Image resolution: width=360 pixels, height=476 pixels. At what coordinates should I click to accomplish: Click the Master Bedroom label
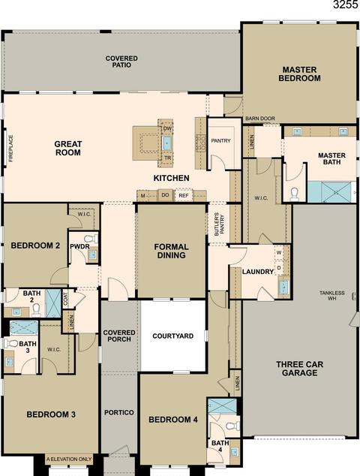299,74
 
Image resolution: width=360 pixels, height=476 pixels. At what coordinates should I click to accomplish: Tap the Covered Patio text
121,62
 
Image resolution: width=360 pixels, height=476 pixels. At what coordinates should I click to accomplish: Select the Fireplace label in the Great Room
11,148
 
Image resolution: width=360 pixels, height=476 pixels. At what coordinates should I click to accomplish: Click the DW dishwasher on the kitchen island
167,128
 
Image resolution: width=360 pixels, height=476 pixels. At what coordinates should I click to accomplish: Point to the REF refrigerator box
184,196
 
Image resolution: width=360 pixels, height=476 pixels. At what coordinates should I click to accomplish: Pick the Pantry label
220,140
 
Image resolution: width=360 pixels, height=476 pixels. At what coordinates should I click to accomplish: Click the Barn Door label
260,119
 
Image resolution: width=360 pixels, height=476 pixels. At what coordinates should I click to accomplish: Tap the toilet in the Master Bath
295,194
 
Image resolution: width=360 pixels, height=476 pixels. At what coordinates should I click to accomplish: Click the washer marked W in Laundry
279,252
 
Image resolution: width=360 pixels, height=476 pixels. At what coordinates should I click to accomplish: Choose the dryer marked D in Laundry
279,268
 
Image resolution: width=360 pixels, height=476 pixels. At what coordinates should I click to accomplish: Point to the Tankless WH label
332,296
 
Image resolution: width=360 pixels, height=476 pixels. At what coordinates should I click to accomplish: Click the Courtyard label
172,336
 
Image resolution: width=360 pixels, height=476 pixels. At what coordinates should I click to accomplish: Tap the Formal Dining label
171,251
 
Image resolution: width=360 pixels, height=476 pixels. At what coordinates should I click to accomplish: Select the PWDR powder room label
79,246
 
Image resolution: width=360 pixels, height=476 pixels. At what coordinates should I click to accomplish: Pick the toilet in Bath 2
36,309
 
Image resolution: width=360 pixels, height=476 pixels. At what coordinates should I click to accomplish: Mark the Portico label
119,412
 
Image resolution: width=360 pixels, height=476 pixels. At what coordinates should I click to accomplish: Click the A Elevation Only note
69,459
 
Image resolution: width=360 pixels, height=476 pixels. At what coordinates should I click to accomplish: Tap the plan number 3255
346,5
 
